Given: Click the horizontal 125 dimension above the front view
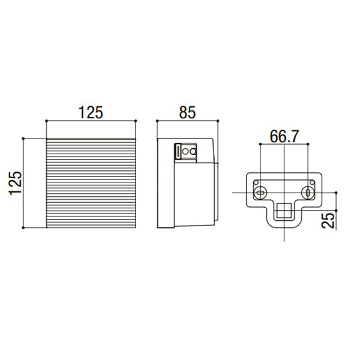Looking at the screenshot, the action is tap(91, 113).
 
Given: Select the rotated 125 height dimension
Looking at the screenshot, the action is tap(16, 183).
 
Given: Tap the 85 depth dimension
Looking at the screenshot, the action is tap(187, 113).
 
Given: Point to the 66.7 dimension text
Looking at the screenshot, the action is tap(284, 136).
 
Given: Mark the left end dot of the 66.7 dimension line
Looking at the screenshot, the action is tap(260, 144).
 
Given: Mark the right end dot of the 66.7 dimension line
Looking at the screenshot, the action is tap(308, 144).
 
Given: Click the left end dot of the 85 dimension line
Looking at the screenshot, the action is tap(157, 121).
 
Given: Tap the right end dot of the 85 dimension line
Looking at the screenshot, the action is tap(218, 121).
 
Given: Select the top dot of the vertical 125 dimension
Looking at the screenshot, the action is tap(23, 139).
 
